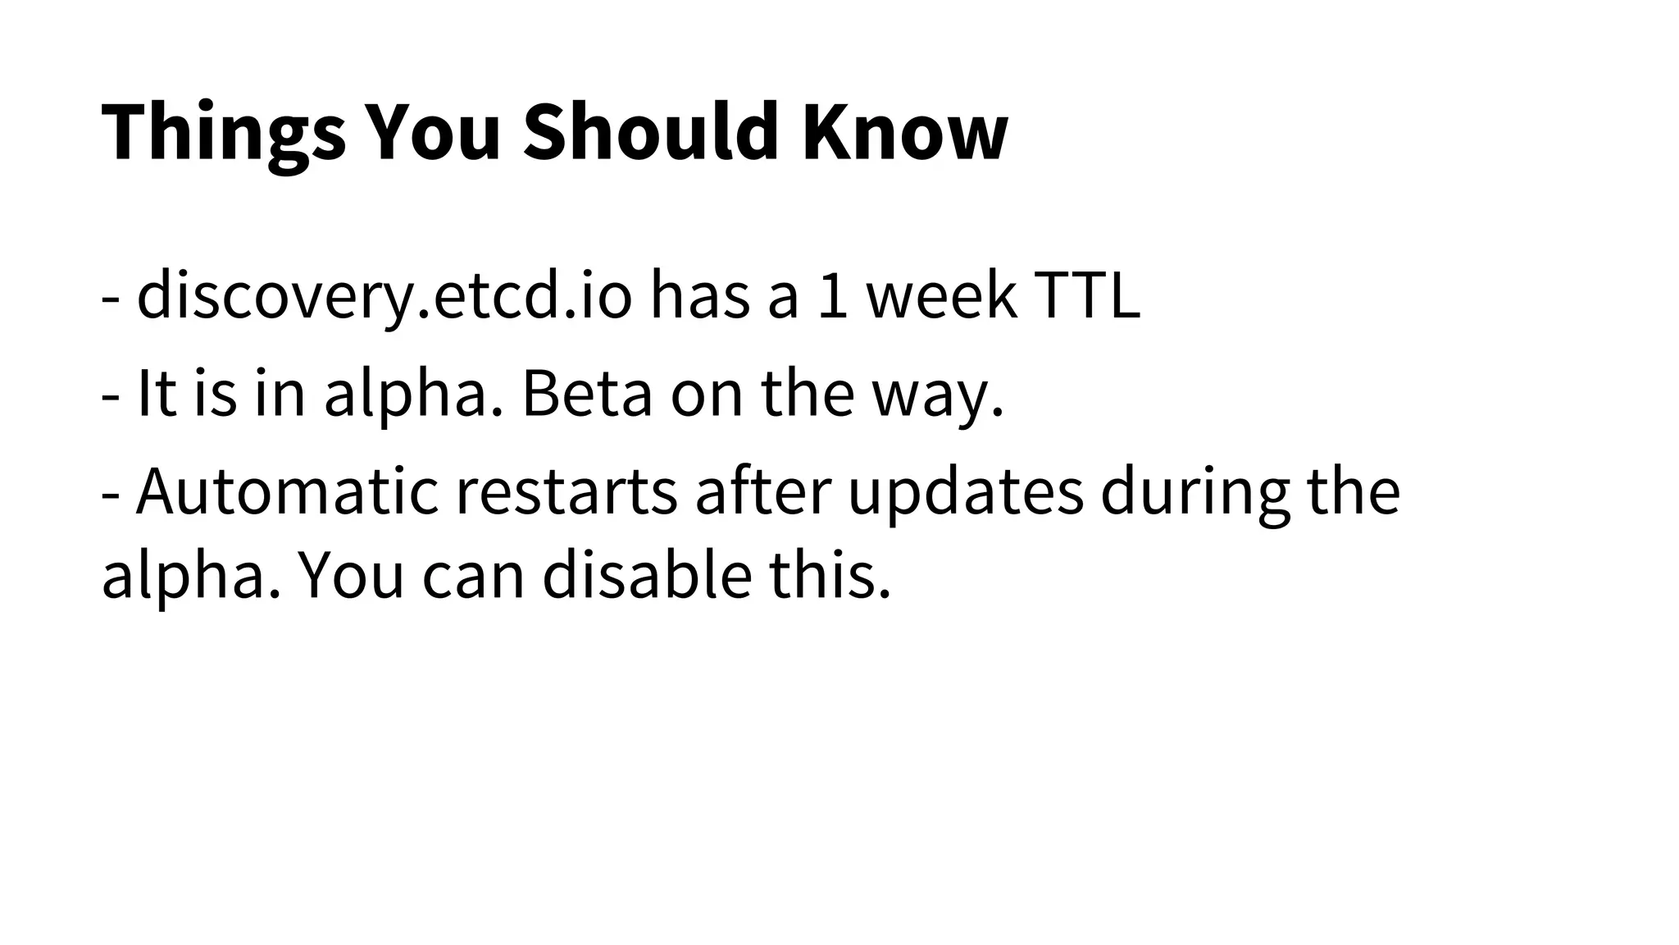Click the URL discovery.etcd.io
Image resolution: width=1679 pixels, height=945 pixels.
[384, 297]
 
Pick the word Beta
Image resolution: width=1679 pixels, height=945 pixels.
[587, 394]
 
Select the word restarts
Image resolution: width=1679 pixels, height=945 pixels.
[566, 493]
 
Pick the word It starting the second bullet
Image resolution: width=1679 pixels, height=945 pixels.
[157, 394]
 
